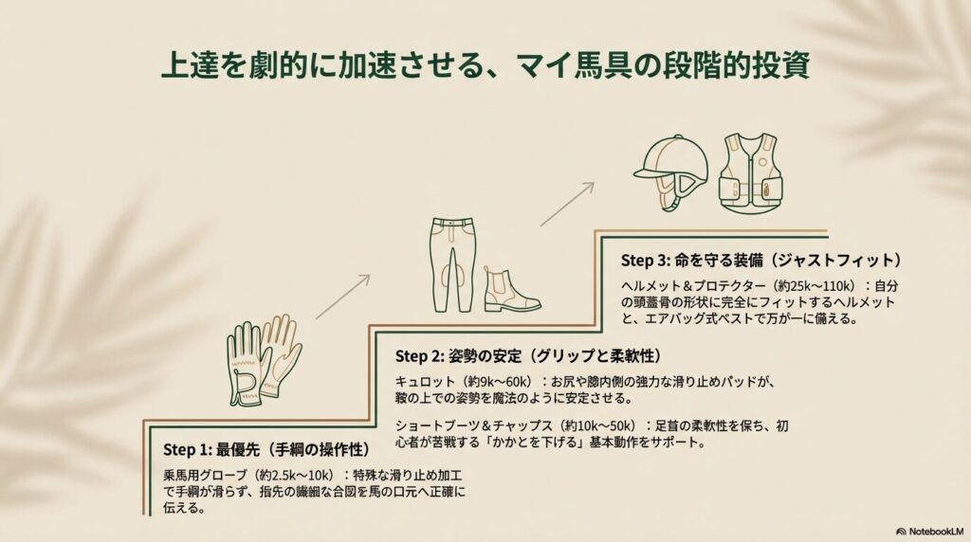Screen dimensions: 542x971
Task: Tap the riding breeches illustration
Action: click(453, 263)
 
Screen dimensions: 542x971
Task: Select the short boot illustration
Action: click(510, 289)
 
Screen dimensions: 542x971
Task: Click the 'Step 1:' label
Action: click(187, 449)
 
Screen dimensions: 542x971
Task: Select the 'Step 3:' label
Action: click(646, 259)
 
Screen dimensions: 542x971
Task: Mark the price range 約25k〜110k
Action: click(810, 286)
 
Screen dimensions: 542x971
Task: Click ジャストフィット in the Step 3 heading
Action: click(835, 259)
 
